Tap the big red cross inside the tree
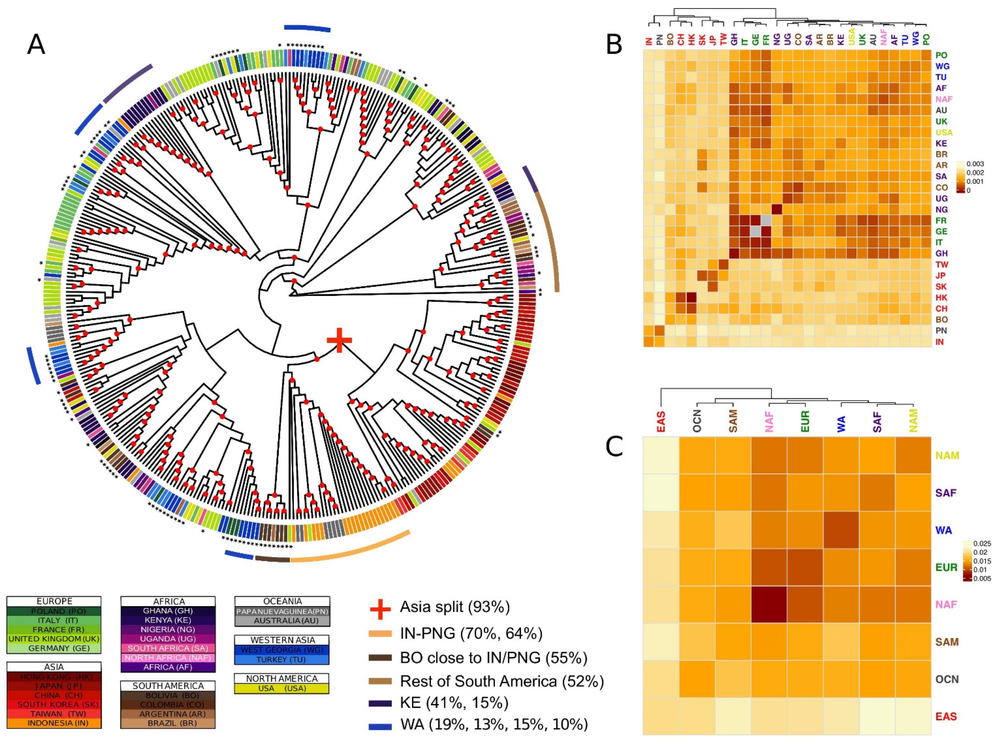pyautogui.click(x=339, y=341)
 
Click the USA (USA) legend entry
pyautogui.click(x=282, y=688)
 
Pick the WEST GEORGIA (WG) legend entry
pyautogui.click(x=282, y=650)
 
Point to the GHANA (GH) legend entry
pyautogui.click(x=168, y=611)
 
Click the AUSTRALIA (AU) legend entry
pyautogui.click(x=282, y=621)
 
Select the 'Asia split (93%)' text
pyautogui.click(x=455, y=608)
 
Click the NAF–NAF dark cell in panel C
pyautogui.click(x=769, y=604)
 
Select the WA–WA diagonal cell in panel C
pyautogui.click(x=841, y=530)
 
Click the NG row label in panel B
pyautogui.click(x=941, y=209)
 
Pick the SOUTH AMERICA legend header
pyautogui.click(x=168, y=686)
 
